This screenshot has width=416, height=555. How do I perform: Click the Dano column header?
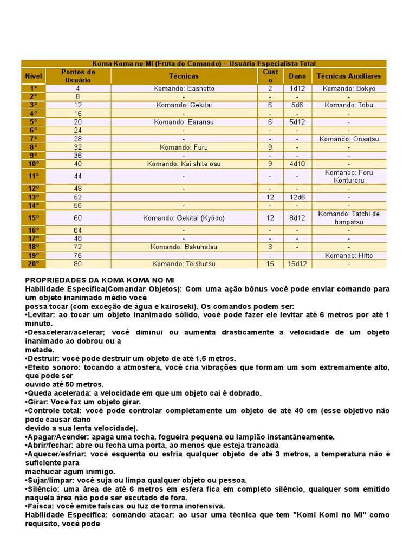[x=297, y=76]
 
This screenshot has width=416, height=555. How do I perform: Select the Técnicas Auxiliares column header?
[x=349, y=76]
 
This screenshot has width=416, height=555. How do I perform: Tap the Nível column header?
[x=34, y=76]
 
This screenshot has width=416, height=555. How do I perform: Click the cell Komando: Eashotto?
[x=184, y=88]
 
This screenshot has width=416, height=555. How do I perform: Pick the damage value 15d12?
[x=297, y=264]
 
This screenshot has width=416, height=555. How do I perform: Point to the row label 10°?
[x=34, y=164]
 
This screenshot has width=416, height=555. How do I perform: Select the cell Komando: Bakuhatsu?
[x=184, y=247]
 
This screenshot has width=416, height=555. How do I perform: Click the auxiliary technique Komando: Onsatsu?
[x=349, y=139]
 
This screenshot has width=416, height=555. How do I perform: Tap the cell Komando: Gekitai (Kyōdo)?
[x=184, y=218]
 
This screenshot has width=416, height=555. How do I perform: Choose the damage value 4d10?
[x=297, y=164]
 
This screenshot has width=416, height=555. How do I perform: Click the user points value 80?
[x=78, y=264]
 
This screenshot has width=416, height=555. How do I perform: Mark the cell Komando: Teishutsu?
[x=184, y=264]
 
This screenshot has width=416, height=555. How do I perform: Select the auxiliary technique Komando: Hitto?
[x=349, y=256]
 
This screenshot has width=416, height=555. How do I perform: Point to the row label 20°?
[x=34, y=264]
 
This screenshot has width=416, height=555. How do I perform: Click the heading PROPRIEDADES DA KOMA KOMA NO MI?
[x=100, y=280]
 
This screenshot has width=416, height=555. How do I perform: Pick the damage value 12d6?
[x=297, y=197]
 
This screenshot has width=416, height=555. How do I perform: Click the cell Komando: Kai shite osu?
[x=184, y=164]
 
